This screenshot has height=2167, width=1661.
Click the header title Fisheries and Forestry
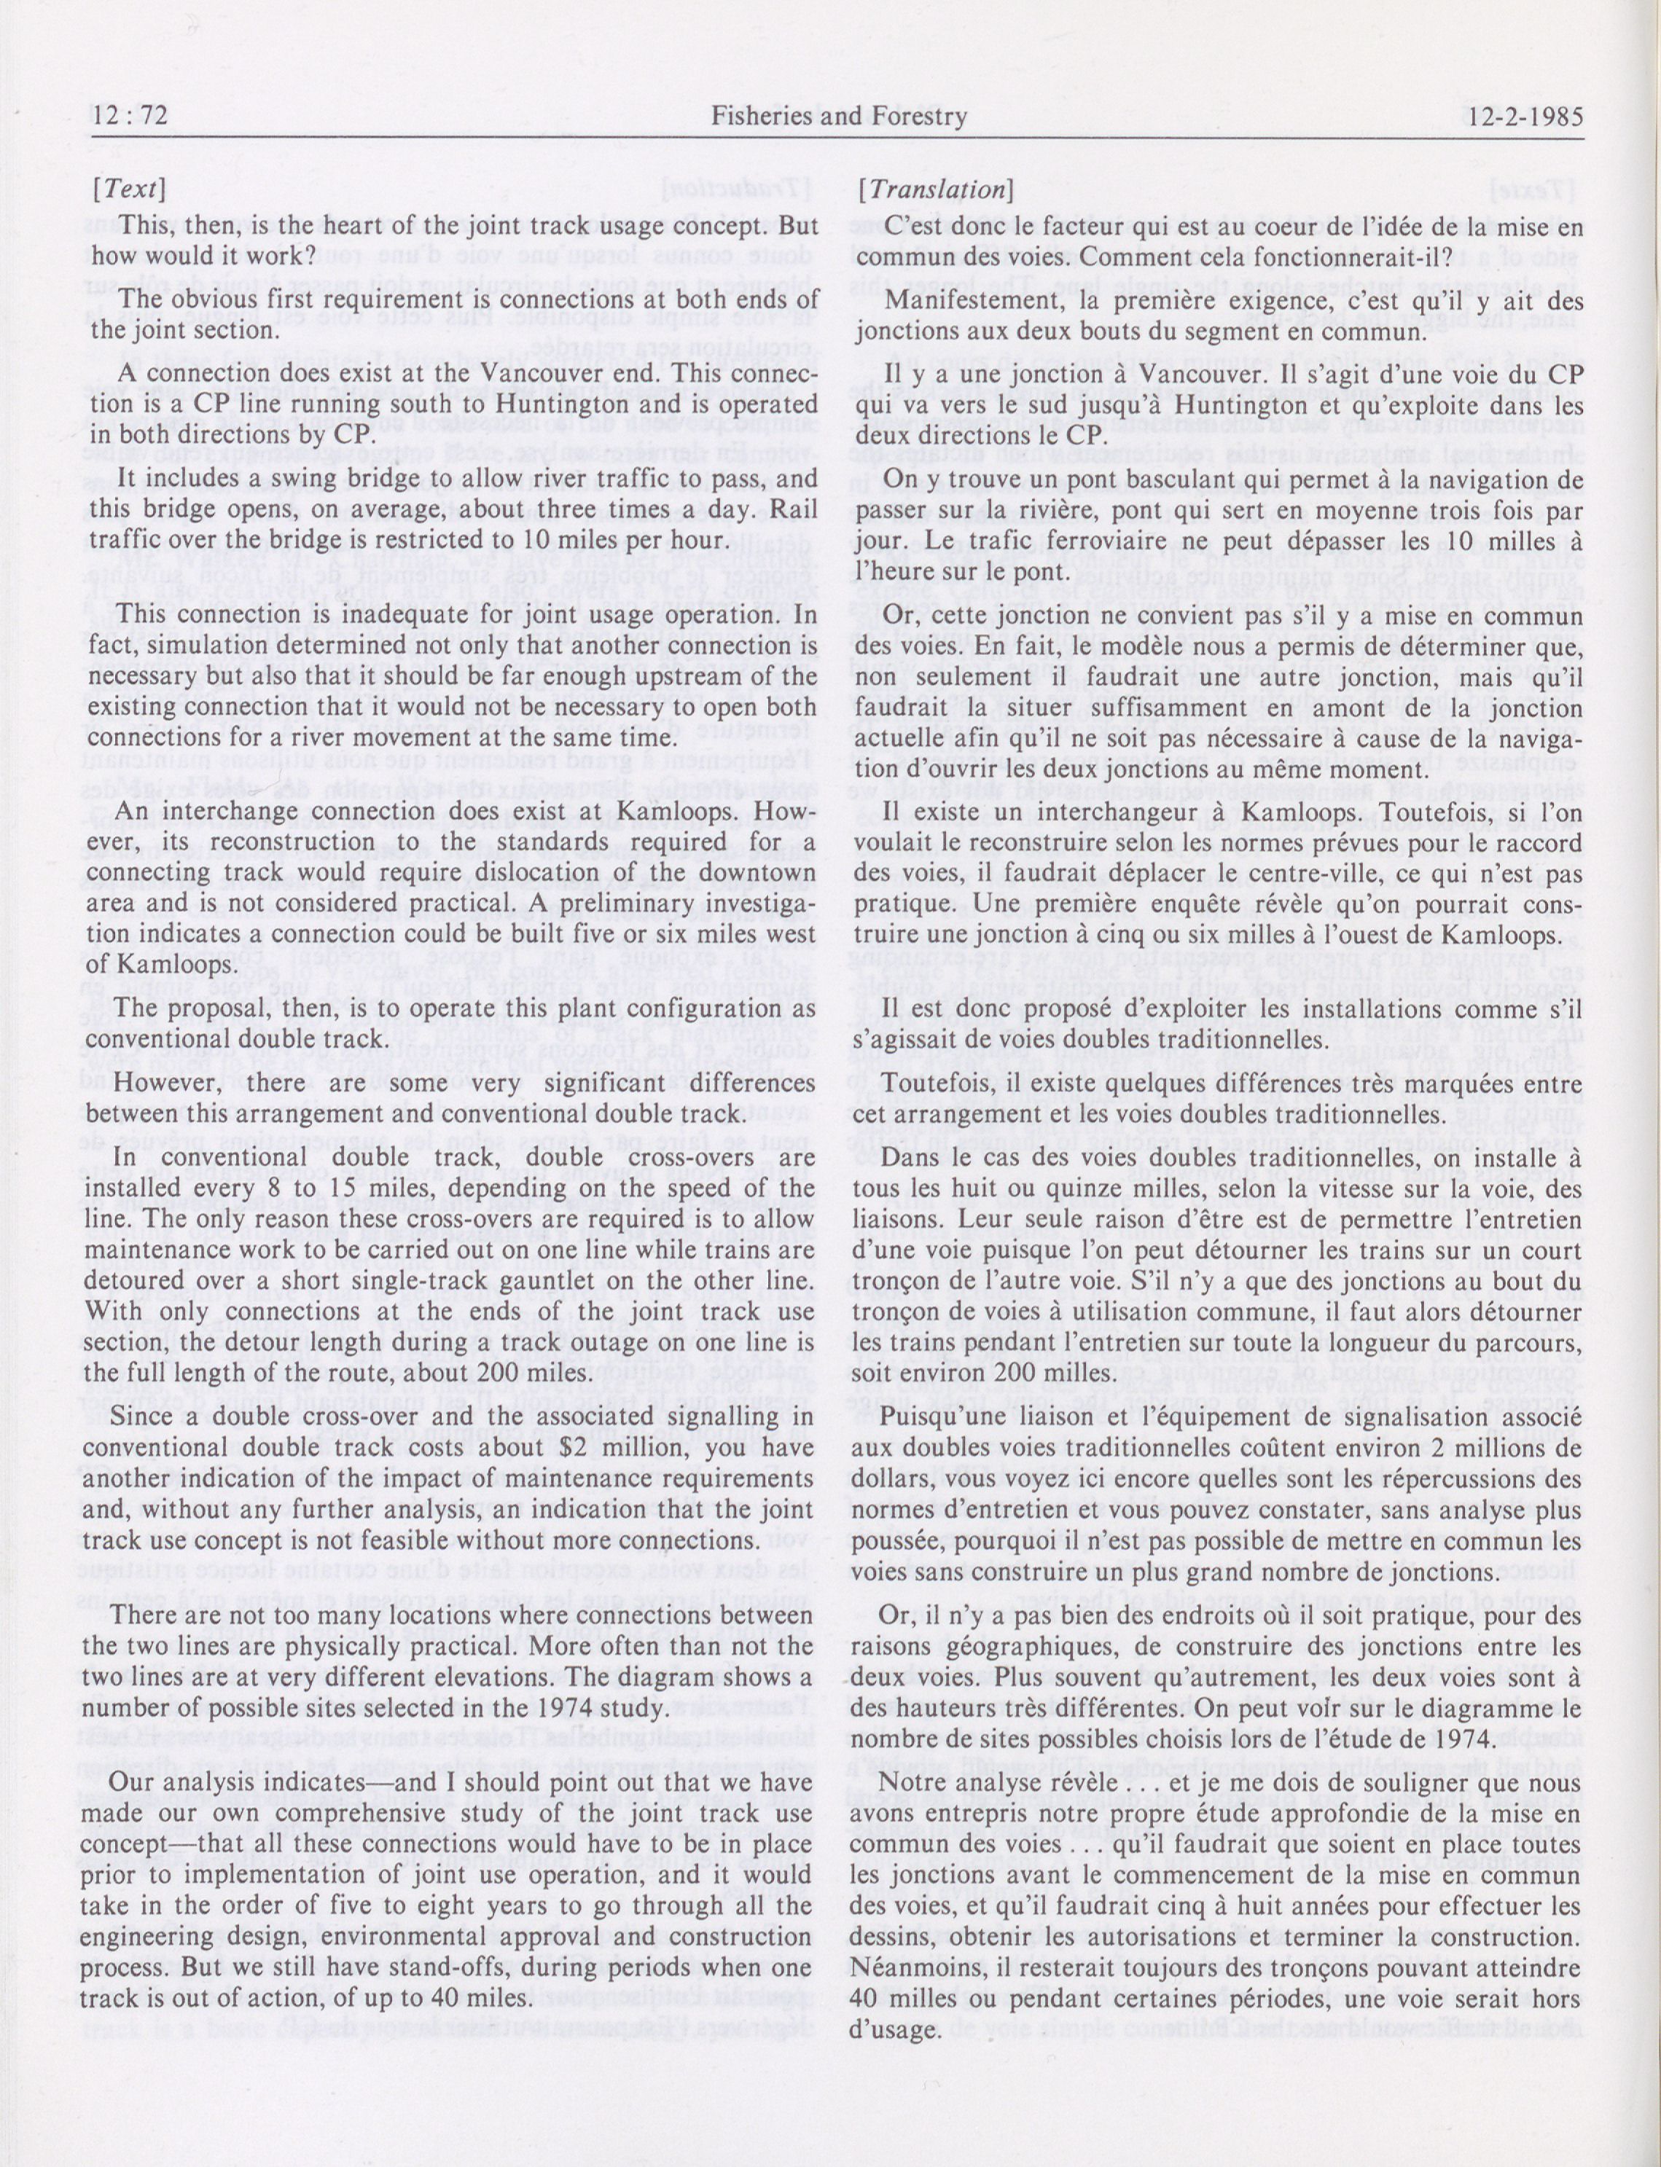click(838, 117)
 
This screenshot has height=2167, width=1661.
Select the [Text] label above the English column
click(128, 189)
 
